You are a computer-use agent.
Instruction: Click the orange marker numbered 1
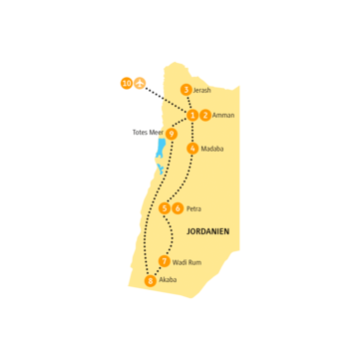pos(192,115)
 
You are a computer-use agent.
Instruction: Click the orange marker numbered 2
pos(205,115)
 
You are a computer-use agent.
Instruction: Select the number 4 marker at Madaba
pos(191,149)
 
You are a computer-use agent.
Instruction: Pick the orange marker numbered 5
pos(165,208)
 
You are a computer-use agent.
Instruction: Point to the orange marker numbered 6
pos(178,208)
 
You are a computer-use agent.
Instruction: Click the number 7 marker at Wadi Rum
pos(165,261)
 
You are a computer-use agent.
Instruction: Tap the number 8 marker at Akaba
pos(151,280)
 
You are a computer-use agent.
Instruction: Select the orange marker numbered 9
pos(172,133)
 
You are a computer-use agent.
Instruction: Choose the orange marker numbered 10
pos(126,83)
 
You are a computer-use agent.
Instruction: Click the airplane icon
pos(139,83)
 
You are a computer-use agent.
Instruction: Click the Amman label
pos(224,115)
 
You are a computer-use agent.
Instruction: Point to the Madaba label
pos(212,149)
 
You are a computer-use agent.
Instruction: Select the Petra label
pos(193,208)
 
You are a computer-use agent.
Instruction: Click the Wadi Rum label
pos(188,261)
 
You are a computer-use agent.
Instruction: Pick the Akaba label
pos(168,280)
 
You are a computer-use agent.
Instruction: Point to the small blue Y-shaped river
pos(161,170)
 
